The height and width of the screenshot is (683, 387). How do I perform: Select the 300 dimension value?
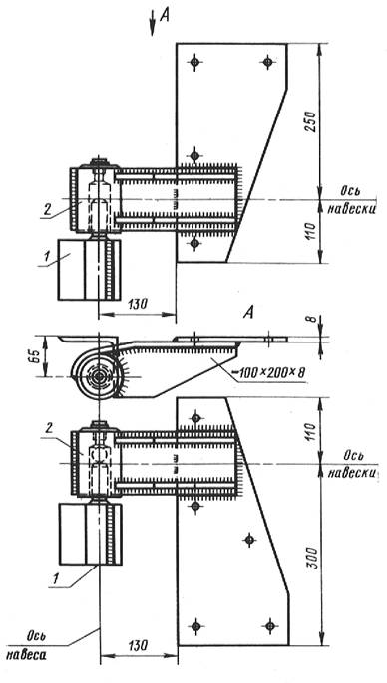point(311,557)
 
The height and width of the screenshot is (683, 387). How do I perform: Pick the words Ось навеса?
point(33,645)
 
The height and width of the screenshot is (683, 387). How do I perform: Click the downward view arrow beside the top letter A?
point(153,23)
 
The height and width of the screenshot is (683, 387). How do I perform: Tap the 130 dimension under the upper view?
point(137,303)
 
